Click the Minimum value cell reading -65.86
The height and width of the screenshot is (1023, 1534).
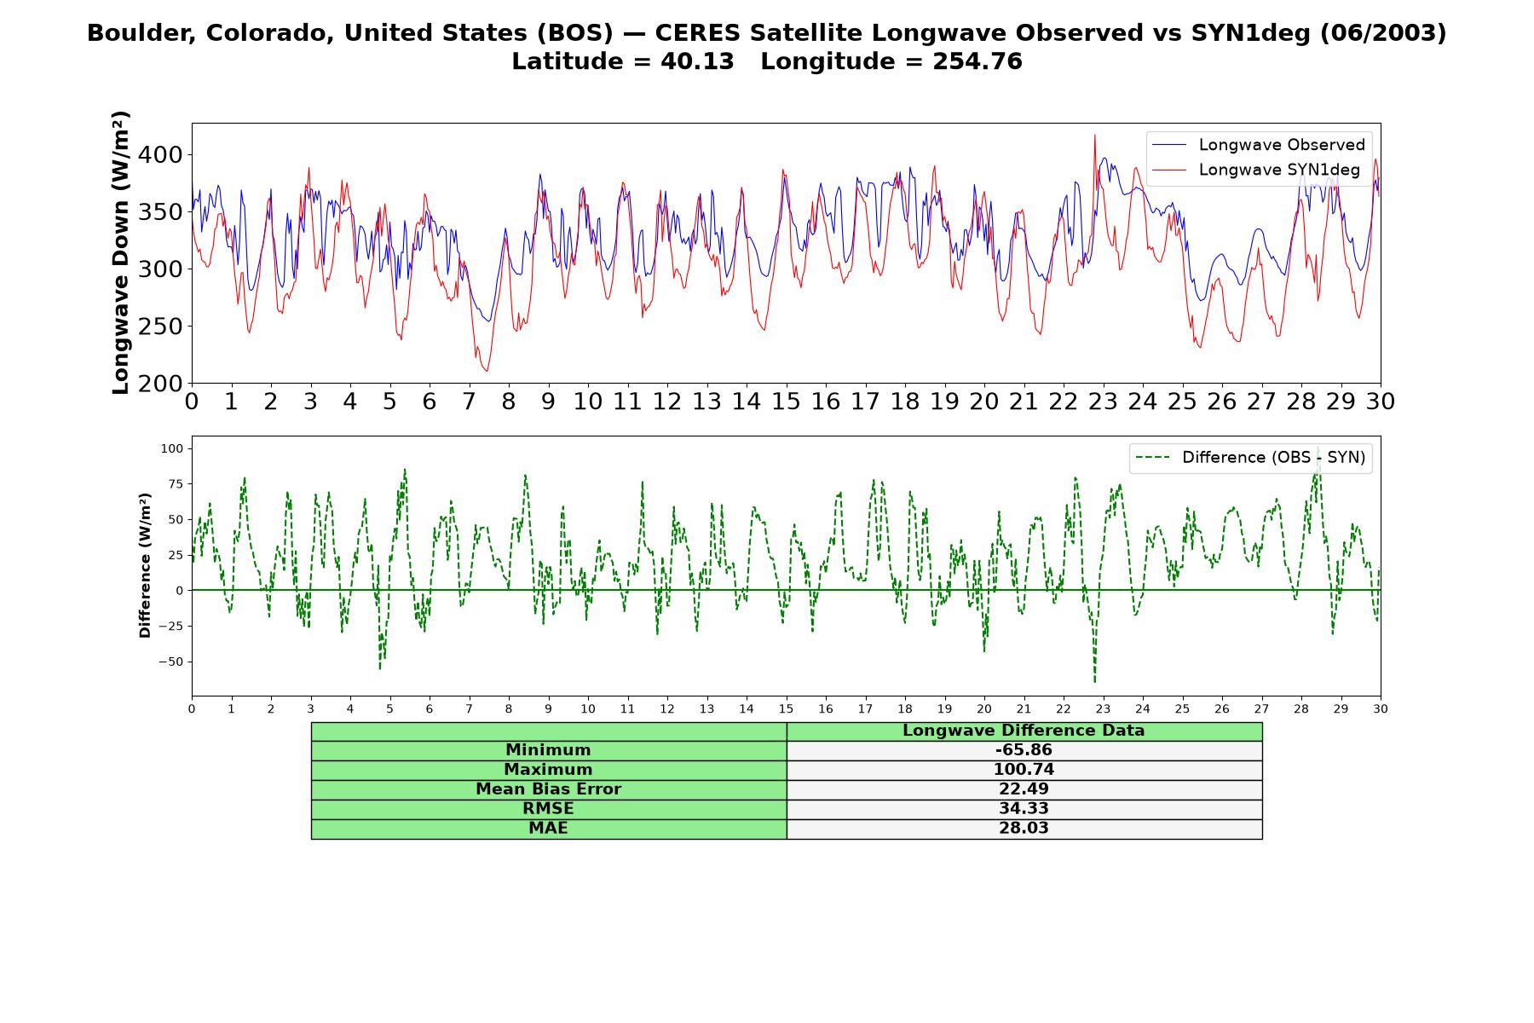1024,750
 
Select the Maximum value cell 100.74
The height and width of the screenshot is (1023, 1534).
1024,770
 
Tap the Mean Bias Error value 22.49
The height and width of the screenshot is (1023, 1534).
1024,789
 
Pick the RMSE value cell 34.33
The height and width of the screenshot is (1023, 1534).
1024,809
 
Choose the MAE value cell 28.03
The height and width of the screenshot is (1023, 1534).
1024,829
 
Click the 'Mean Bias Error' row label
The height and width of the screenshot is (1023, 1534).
548,789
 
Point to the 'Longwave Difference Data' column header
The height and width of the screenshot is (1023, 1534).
1024,731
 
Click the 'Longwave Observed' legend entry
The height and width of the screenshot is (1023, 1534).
1258,145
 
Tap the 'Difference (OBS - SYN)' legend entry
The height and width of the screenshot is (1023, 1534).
1249,458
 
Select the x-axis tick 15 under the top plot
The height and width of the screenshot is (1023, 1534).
786,402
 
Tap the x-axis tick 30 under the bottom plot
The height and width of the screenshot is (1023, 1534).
1380,709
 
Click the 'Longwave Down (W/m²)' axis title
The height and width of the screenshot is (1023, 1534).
121,252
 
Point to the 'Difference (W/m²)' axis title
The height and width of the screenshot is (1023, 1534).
145,565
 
